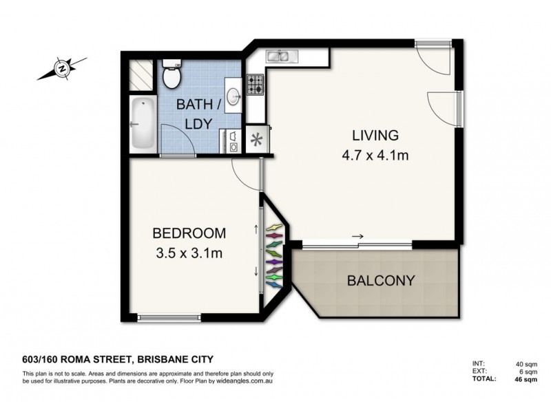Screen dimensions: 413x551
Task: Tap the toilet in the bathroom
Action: [x=170, y=76]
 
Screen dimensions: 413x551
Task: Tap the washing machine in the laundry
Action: [x=233, y=141]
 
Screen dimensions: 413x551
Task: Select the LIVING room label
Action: [x=375, y=134]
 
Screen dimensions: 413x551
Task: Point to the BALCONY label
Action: [x=380, y=281]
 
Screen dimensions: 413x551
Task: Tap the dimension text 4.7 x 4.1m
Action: [x=376, y=156]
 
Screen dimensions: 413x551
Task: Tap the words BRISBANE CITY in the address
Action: [x=176, y=358]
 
